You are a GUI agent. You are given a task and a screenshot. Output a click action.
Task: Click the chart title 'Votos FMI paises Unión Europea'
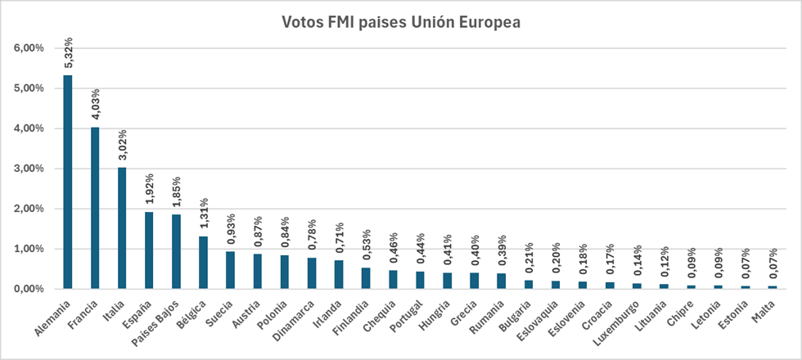(x=401, y=22)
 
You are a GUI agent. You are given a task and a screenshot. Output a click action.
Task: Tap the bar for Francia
(x=95, y=208)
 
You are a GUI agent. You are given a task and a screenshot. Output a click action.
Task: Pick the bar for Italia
(x=122, y=228)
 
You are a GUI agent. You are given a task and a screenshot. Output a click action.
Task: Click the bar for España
(x=149, y=250)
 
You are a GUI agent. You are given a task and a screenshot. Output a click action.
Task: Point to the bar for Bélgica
(x=203, y=263)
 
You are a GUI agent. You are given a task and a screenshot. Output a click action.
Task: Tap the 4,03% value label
(x=96, y=105)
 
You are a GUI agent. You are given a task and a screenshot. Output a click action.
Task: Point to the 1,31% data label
(x=204, y=214)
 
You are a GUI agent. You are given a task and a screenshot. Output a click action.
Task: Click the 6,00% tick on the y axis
(x=29, y=48)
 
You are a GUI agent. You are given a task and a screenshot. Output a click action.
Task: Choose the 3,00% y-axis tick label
(x=29, y=169)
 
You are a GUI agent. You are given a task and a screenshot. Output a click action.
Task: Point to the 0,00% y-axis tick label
(x=29, y=289)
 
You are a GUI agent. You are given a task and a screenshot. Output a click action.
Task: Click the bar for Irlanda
(x=339, y=275)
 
